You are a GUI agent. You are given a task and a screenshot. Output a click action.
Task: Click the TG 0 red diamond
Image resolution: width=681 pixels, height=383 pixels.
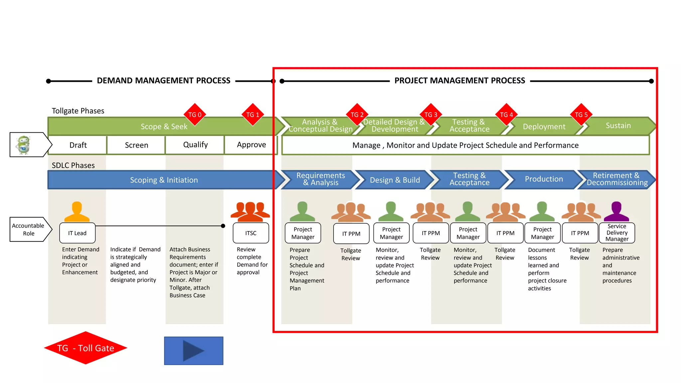coord(195,115)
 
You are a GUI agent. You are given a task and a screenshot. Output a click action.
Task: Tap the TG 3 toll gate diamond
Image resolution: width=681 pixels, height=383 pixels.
coord(431,115)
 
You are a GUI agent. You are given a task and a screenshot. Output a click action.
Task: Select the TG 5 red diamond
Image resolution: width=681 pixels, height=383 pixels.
coord(581,115)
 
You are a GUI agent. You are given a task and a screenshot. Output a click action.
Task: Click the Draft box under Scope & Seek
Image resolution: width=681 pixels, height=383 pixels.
coord(78,145)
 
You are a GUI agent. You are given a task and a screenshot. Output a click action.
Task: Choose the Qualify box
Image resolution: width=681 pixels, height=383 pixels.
coord(195,145)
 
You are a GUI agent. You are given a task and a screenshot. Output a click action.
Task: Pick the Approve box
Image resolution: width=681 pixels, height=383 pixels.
coord(251,145)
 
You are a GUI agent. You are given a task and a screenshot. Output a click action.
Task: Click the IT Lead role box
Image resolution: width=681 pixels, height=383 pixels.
coord(77,233)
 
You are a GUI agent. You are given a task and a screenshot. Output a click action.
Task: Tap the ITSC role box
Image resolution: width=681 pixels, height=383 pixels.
coord(251,233)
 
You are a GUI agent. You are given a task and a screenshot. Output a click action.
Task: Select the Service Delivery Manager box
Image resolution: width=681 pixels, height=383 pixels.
coord(617,233)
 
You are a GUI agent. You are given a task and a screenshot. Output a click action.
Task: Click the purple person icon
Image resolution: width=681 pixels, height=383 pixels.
coord(616,211)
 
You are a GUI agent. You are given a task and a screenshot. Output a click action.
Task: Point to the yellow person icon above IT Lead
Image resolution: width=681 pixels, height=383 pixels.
coord(77,211)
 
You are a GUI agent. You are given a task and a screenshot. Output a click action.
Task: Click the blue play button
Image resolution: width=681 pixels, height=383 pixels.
coord(194,351)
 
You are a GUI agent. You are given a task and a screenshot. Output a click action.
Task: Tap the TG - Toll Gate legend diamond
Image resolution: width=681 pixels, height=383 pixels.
coord(85,348)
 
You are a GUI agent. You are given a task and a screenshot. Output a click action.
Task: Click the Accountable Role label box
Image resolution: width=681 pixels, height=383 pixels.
coord(28,229)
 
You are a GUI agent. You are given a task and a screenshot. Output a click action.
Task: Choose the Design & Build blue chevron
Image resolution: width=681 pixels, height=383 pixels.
coord(394,180)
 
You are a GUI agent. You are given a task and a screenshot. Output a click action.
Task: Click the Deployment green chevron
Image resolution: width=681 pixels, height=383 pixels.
coord(544,127)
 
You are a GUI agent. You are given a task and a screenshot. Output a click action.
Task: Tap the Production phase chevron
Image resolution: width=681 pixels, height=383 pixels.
coord(544,179)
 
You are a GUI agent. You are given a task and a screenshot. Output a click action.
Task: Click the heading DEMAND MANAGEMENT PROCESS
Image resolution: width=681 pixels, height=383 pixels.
coord(163,81)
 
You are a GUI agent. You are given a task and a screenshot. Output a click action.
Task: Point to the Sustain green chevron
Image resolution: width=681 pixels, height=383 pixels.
coord(618,126)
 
